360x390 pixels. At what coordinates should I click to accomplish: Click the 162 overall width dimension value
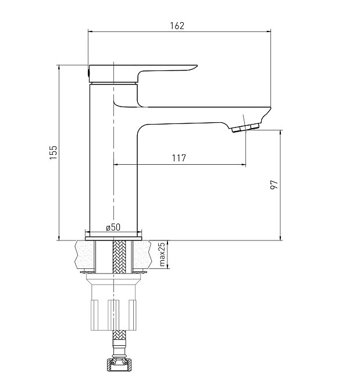[x=177, y=26]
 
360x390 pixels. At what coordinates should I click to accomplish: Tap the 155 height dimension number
[x=54, y=153]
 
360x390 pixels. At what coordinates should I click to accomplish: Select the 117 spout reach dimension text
[x=179, y=158]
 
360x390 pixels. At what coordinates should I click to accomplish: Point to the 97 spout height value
[x=274, y=185]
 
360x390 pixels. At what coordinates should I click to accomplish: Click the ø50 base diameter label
[x=113, y=227]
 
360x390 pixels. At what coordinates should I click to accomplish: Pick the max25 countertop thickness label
[x=162, y=254]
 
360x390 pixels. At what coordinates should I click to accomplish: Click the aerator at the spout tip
[x=245, y=127]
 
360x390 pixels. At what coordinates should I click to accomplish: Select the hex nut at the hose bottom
[x=119, y=365]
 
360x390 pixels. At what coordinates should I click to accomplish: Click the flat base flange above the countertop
[x=113, y=239]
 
